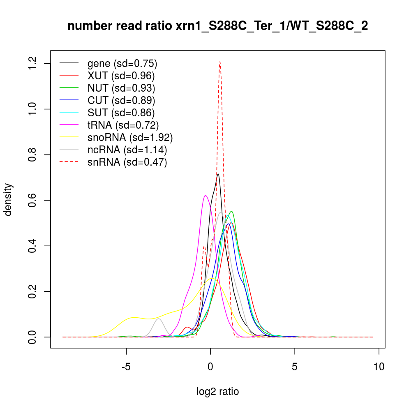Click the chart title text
coord(217,26)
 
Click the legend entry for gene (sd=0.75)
coord(122,64)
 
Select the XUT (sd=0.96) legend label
coord(121,76)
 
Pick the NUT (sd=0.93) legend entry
coord(121,88)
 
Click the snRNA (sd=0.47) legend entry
coord(127,162)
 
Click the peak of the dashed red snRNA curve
coord(220,62)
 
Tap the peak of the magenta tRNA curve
coord(205,196)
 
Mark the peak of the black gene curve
coord(218,174)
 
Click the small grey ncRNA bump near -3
coord(159,319)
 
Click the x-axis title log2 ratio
coord(217,392)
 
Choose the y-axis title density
coord(9,199)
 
